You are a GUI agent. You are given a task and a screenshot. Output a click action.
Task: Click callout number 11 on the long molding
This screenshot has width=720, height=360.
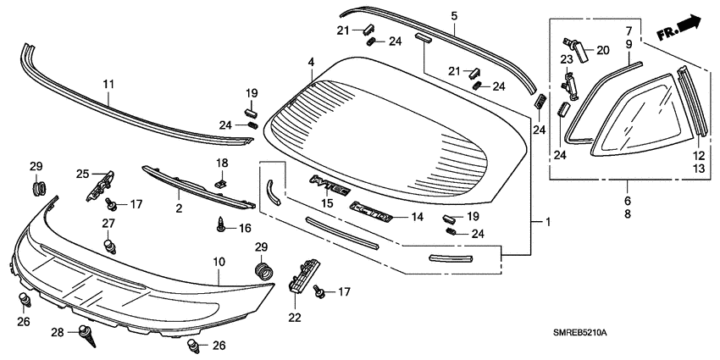(x=108, y=83)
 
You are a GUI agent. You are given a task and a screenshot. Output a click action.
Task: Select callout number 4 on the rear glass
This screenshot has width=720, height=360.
(x=311, y=63)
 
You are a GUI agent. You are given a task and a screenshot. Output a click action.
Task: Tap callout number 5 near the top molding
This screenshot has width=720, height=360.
(x=453, y=16)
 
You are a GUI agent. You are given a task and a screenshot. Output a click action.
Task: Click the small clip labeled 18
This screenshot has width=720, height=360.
(x=221, y=180)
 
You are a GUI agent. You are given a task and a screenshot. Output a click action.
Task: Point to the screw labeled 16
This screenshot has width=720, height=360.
(x=220, y=225)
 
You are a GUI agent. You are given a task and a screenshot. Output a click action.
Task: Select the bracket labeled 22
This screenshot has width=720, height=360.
(x=302, y=275)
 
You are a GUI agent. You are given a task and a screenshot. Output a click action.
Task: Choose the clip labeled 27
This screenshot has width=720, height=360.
(x=108, y=245)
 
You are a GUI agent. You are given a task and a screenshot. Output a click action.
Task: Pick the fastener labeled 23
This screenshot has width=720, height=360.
(x=569, y=85)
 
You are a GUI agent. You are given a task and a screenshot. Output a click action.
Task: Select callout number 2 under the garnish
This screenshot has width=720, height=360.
(x=179, y=208)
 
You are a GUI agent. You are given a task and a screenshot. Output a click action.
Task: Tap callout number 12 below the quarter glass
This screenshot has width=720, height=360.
(x=700, y=156)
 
